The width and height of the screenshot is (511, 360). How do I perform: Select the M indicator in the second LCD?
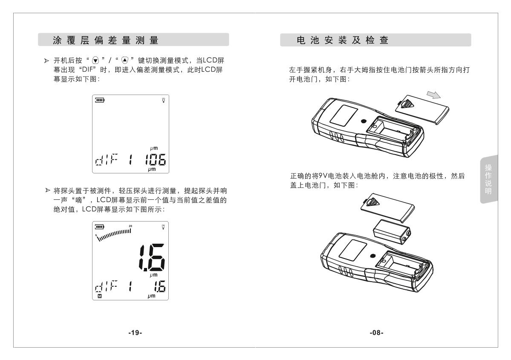pos(100,295)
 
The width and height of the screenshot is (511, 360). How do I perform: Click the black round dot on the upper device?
pos(363,121)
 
